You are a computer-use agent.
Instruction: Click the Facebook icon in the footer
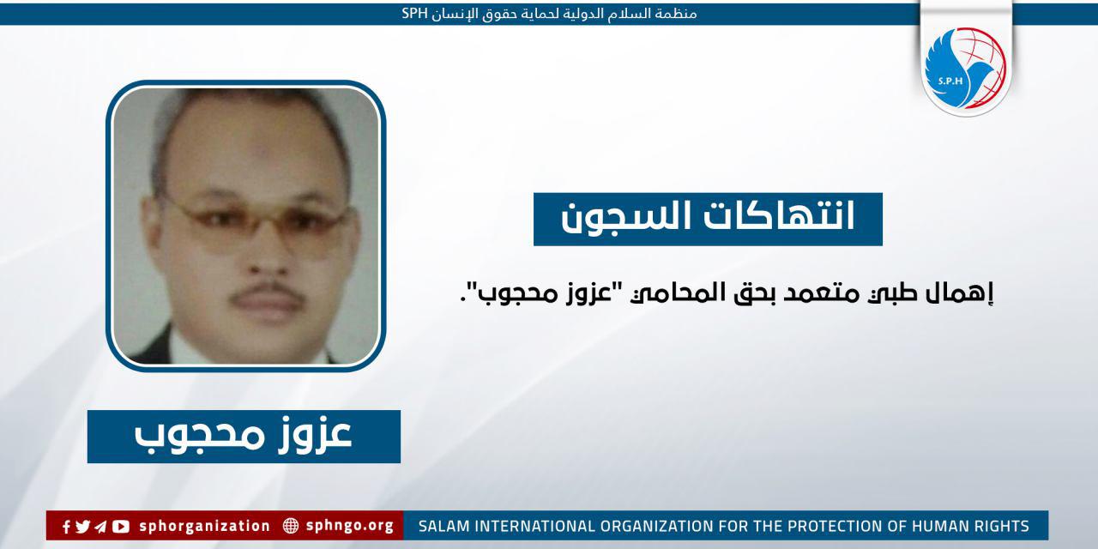pyautogui.click(x=66, y=526)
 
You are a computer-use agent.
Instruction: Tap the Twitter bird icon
pyautogui.click(x=83, y=526)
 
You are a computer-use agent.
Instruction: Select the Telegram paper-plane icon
pyautogui.click(x=101, y=526)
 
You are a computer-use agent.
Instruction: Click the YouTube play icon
pyautogui.click(x=121, y=526)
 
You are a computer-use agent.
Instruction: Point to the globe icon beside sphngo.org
pyautogui.click(x=291, y=526)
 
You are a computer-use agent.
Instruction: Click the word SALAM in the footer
pyautogui.click(x=439, y=526)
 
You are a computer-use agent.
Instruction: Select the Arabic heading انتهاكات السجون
pyautogui.click(x=708, y=219)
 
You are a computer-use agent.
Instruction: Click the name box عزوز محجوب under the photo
pyautogui.click(x=244, y=437)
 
